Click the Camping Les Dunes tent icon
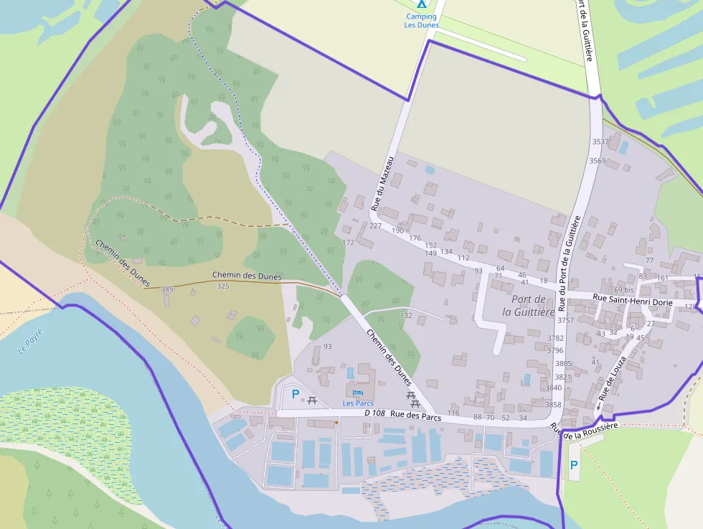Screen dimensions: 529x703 point(421,4)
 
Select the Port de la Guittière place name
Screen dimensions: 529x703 point(529,305)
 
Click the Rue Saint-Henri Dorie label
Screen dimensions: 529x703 point(633,303)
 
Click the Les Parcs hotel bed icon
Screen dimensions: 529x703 point(358,393)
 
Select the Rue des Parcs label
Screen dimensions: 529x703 point(416,415)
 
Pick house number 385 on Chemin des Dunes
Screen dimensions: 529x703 point(167,289)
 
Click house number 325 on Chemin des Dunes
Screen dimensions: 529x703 point(223,286)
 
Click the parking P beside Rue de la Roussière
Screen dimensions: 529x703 point(573,465)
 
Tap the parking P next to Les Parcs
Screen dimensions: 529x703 point(295,393)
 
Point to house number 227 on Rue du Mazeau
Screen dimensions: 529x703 point(375,226)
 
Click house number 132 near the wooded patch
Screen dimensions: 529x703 point(406,315)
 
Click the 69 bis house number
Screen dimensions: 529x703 point(623,290)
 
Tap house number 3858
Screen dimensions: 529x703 point(554,405)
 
